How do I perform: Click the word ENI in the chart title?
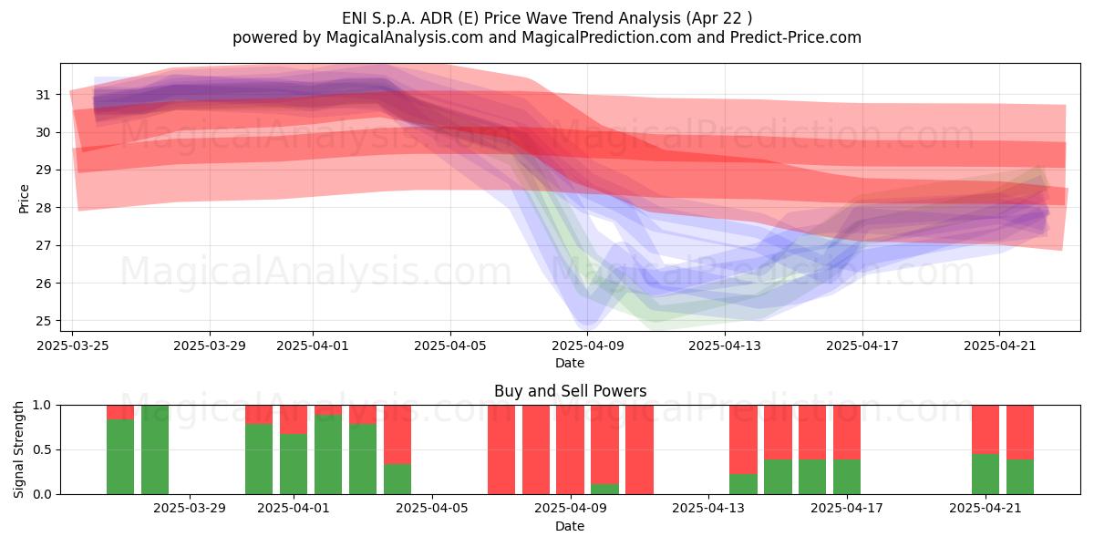pyautogui.click(x=354, y=18)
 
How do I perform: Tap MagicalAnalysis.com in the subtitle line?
pyautogui.click(x=405, y=37)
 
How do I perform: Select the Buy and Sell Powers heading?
pyautogui.click(x=570, y=391)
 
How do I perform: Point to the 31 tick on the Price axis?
pyautogui.click(x=43, y=95)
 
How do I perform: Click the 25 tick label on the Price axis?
pyautogui.click(x=43, y=321)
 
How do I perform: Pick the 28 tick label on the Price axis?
pyautogui.click(x=43, y=208)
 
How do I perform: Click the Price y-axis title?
pyautogui.click(x=24, y=199)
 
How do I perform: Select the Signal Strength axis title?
pyautogui.click(x=18, y=449)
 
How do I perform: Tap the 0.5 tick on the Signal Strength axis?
pyautogui.click(x=42, y=449)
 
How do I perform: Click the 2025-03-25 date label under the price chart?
pyautogui.click(x=73, y=346)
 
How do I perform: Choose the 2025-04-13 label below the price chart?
pyautogui.click(x=725, y=346)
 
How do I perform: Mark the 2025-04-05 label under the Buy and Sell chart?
pyautogui.click(x=432, y=509)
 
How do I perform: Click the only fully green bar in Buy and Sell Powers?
pyautogui.click(x=155, y=449)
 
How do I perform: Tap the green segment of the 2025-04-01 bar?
pyautogui.click(x=294, y=464)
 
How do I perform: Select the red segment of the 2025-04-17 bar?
pyautogui.click(x=847, y=432)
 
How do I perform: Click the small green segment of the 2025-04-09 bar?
pyautogui.click(x=604, y=489)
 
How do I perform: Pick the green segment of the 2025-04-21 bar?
pyautogui.click(x=986, y=474)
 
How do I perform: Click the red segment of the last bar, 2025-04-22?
pyautogui.click(x=1020, y=432)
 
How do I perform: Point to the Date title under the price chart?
pyautogui.click(x=570, y=363)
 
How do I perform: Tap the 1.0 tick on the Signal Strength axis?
pyautogui.click(x=42, y=406)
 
